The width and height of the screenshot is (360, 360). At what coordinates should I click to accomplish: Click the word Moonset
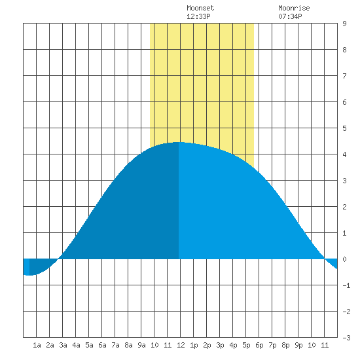200,8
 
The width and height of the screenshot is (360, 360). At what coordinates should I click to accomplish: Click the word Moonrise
294,8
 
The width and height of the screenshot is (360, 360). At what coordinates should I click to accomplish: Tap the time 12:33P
198,16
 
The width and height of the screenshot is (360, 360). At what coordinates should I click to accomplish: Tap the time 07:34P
290,16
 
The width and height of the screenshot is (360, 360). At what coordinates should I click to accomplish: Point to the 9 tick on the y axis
344,24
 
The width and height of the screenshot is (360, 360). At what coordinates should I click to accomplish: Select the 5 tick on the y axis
344,128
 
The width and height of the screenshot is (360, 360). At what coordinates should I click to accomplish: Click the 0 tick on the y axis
344,259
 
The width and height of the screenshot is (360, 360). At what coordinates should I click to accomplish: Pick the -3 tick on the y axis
346,338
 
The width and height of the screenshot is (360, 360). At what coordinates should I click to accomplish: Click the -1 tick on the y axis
346,285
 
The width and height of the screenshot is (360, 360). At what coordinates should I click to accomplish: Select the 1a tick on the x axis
37,345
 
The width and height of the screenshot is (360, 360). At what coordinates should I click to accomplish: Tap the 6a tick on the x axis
102,345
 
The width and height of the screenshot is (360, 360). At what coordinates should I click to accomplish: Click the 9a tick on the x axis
141,345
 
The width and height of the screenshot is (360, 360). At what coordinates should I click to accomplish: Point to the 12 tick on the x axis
181,345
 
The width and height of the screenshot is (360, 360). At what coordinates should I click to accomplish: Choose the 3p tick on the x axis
220,345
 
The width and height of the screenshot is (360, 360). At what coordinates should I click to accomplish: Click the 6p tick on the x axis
259,345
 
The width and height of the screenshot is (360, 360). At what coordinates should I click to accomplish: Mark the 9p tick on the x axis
298,345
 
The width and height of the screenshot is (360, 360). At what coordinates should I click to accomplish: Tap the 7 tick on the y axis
344,76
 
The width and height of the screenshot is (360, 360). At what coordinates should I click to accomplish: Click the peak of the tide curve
179,142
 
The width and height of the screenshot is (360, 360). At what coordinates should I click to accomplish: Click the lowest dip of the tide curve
29,275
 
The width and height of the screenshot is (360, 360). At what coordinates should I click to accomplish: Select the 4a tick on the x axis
76,345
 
